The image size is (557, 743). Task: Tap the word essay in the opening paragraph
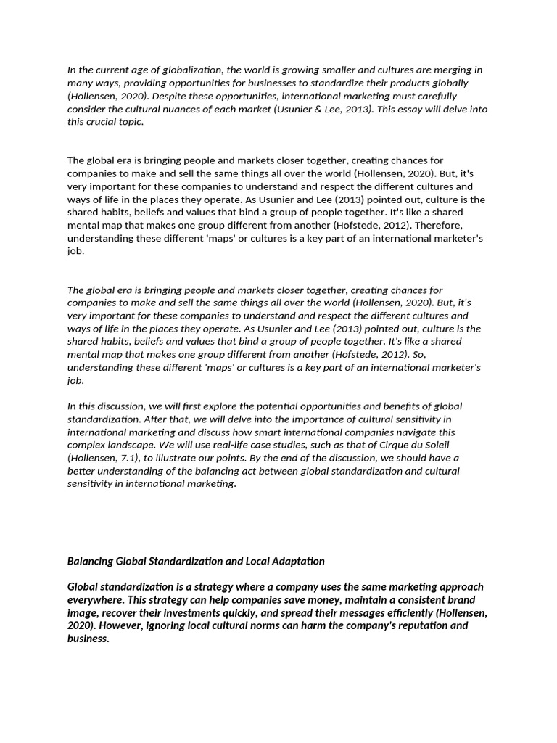[437, 109]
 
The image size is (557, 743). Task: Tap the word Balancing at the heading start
[91, 561]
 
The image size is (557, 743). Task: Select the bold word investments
[175, 612]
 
